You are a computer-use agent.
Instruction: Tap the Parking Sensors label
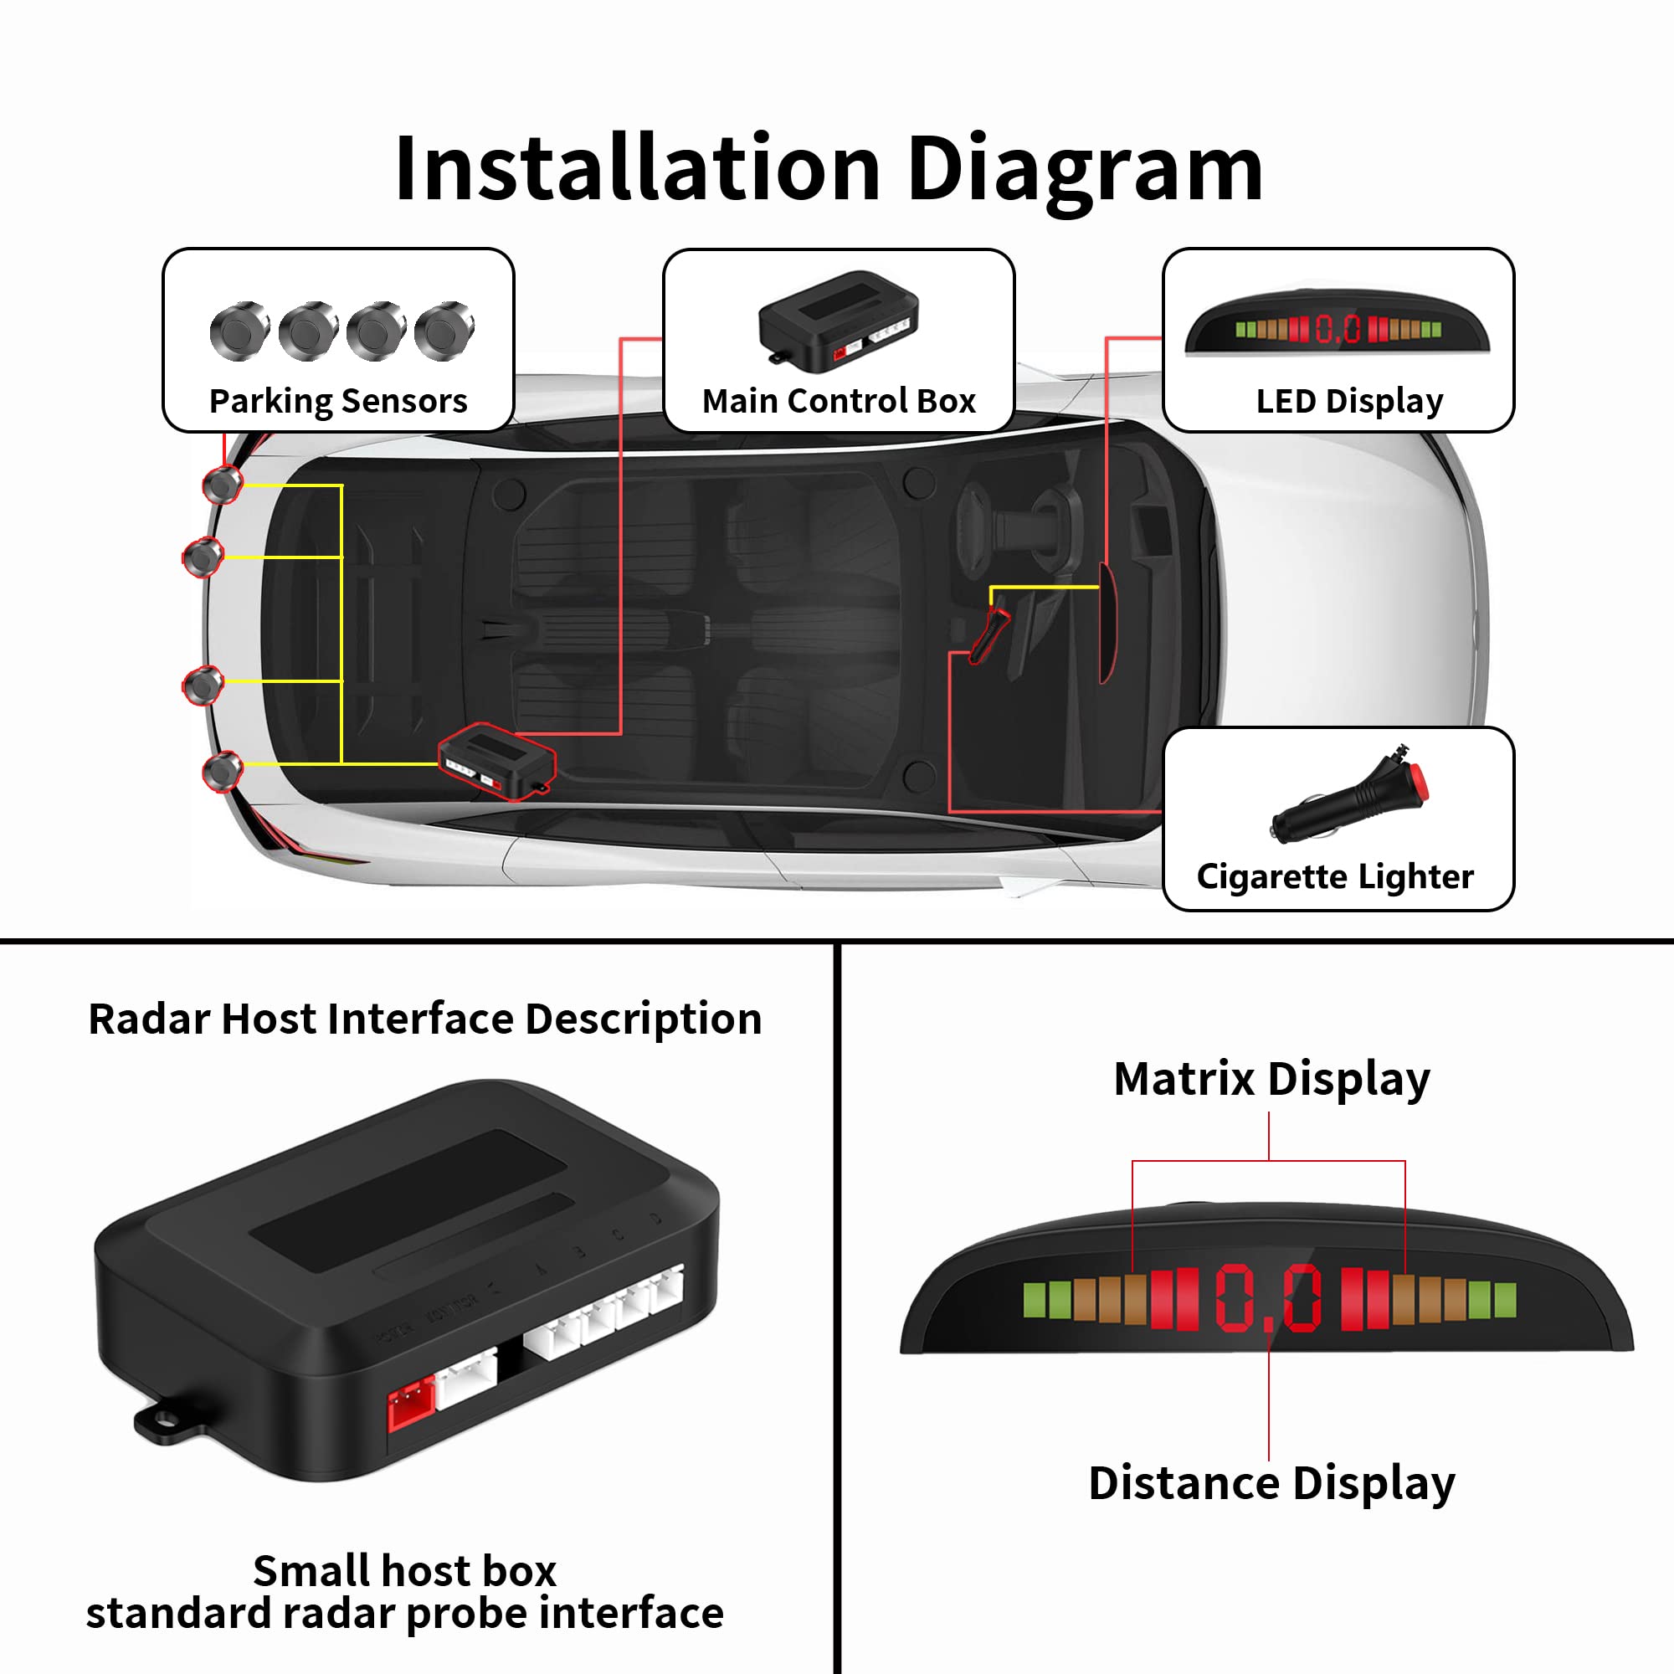click(338, 401)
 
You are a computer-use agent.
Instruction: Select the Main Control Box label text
click(838, 401)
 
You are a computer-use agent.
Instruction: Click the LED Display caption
click(1349, 401)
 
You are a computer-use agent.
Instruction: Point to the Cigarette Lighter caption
click(1334, 876)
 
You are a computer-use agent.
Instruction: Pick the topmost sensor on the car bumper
click(223, 485)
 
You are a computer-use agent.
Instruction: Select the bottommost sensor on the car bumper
click(223, 769)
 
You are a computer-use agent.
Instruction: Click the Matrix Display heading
click(1271, 1079)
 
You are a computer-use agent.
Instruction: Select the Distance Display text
click(1271, 1482)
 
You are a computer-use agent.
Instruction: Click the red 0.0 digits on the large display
click(1269, 1298)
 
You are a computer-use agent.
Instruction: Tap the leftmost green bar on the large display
click(1034, 1300)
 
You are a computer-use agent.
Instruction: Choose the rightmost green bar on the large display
click(1506, 1300)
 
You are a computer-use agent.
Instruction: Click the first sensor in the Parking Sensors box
click(239, 331)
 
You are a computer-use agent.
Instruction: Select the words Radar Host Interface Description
click(424, 1018)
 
